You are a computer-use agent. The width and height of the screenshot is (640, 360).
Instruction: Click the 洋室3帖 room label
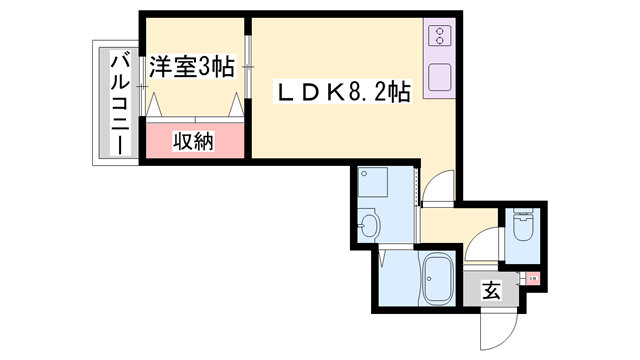tap(192, 67)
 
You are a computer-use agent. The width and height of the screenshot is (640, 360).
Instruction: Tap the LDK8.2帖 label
tap(343, 94)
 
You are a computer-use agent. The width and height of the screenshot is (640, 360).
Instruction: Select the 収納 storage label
tap(196, 140)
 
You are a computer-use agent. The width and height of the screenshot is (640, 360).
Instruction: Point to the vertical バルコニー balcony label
tap(118, 101)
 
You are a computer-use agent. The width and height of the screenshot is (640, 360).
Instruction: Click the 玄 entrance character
tap(492, 292)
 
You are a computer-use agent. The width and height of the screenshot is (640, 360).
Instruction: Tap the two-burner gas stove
tap(439, 39)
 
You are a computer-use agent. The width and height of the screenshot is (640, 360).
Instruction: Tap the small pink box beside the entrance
tap(533, 281)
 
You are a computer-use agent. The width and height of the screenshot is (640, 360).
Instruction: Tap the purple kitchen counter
tap(439, 59)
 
